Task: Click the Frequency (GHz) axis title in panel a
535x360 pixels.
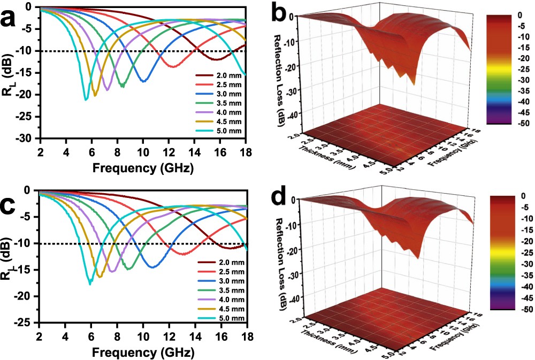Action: tap(142, 167)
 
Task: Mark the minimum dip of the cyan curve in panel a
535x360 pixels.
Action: tap(86, 99)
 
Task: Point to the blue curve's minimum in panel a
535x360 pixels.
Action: tap(143, 81)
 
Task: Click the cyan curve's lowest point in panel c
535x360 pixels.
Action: tap(90, 284)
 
